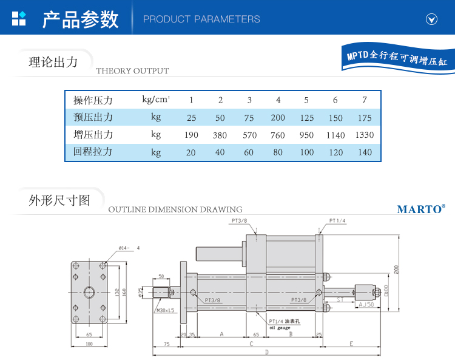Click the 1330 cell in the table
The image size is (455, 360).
364,135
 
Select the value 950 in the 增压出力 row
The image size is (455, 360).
306,135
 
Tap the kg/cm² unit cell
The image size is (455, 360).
156,100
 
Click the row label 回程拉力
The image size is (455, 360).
93,152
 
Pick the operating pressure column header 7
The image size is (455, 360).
364,100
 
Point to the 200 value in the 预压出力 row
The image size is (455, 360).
278,118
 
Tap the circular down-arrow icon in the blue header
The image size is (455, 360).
431,19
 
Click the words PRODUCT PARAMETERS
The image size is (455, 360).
201,19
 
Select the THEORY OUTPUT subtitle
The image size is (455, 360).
132,71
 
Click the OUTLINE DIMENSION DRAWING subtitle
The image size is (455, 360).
175,209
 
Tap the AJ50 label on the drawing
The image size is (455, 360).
366,304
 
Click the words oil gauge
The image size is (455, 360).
280,328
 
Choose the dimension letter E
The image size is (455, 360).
351,343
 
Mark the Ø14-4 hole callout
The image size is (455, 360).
129,248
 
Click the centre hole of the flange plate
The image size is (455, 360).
89,293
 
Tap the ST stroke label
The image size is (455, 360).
340,299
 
